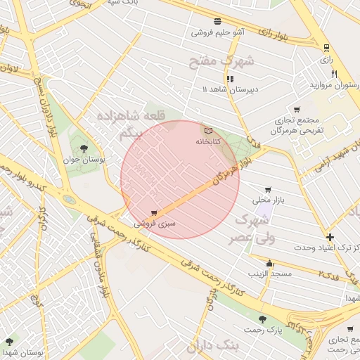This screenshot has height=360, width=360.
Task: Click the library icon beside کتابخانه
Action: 207,131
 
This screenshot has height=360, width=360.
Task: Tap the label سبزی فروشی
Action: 153,223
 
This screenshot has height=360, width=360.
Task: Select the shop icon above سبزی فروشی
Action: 154,213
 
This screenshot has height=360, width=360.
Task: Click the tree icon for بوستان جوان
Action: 84,148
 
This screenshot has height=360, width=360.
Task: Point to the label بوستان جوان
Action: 88,160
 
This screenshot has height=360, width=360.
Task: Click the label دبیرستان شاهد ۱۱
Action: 230,89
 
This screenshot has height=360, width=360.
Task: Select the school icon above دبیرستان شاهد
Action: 231,79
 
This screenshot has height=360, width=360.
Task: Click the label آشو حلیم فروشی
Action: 218,32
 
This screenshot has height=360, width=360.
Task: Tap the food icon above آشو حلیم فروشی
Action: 217,21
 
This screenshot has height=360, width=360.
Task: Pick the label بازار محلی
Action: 267,200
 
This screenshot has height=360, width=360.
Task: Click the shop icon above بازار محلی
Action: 267,190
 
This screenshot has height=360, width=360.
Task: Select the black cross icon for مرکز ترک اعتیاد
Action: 330,237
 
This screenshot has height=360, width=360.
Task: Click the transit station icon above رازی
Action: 326,48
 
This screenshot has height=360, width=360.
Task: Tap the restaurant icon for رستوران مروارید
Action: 335,74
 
